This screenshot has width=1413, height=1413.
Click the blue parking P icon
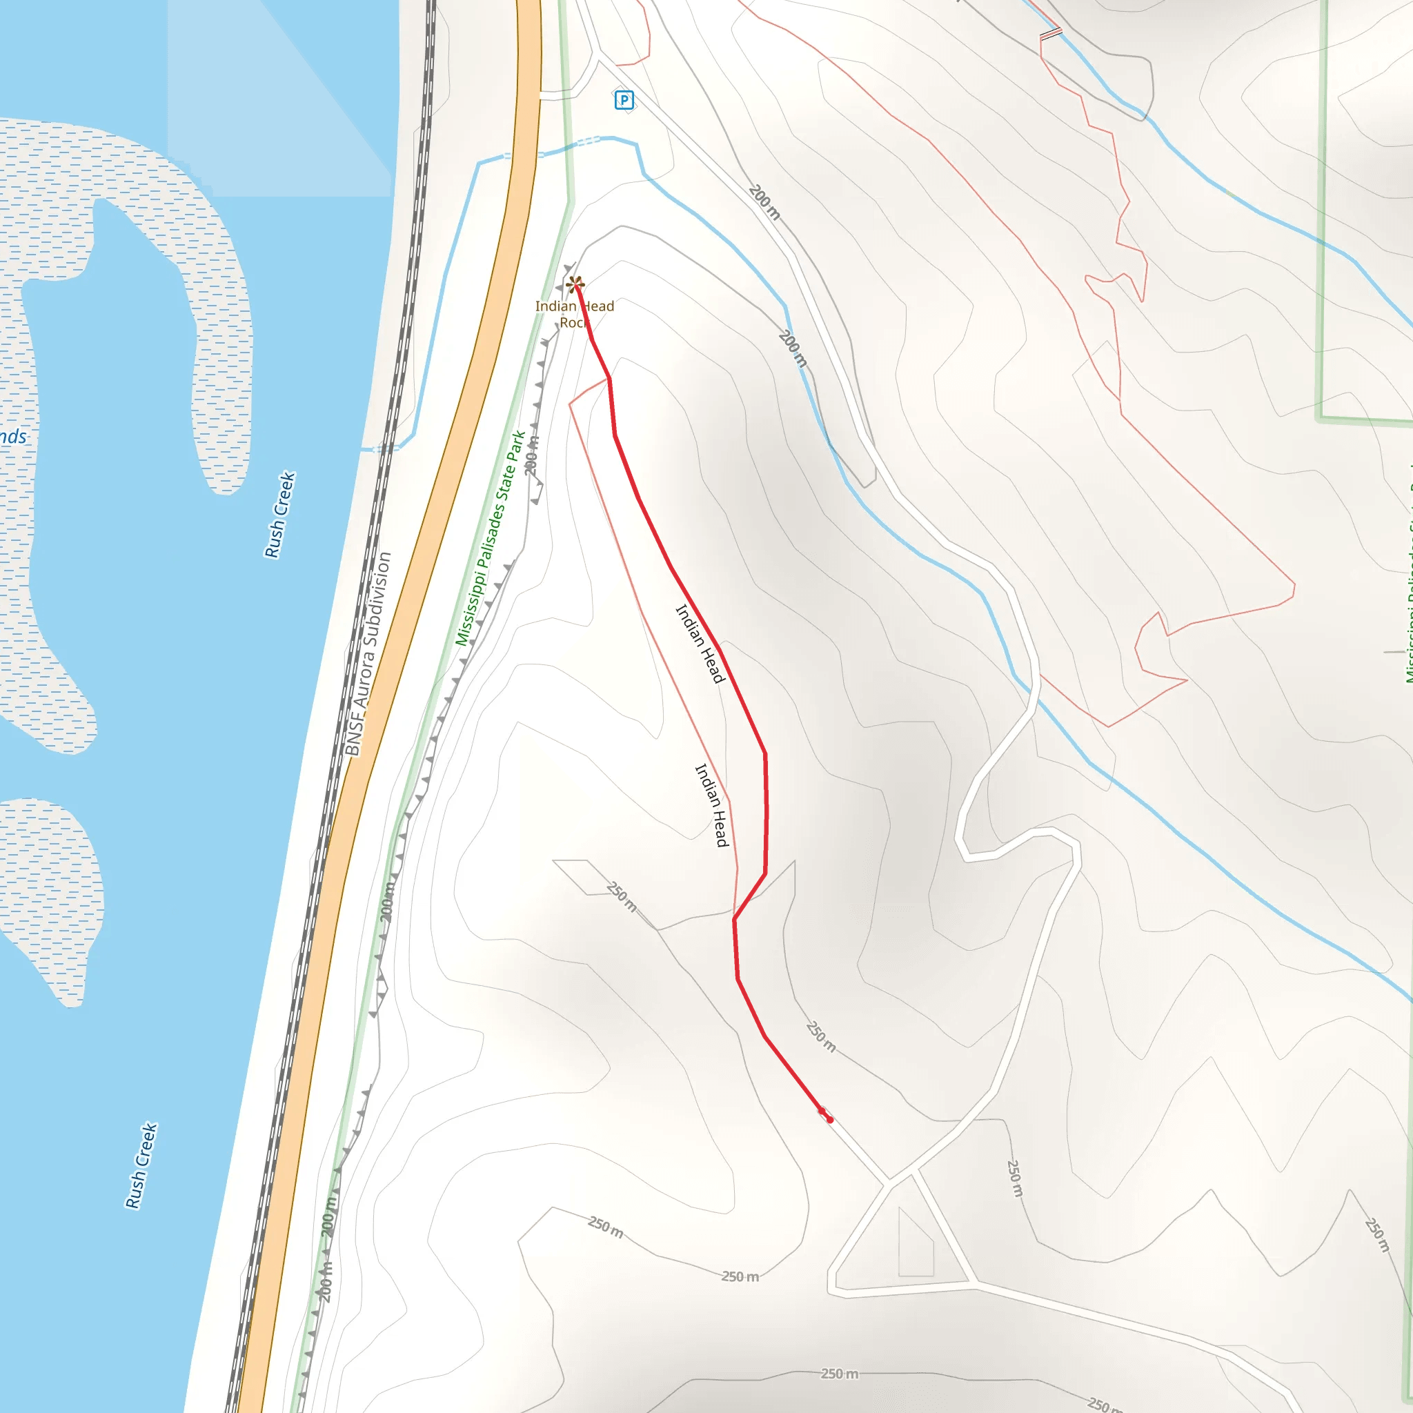(624, 99)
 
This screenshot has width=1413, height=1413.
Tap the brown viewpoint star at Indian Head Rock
(575, 284)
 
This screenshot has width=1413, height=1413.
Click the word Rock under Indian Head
(574, 322)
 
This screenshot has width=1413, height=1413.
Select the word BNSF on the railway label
(354, 734)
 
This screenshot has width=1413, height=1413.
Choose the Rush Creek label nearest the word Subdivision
(279, 514)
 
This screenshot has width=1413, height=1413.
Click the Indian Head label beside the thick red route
(699, 643)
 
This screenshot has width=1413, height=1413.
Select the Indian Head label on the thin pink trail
(711, 804)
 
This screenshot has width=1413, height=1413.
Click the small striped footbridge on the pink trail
(1051, 34)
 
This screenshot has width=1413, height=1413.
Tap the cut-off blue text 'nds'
(12, 437)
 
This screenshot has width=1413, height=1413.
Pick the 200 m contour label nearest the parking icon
(764, 203)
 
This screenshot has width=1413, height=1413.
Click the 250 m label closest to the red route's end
(820, 1036)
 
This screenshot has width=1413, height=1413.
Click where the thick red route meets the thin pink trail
(734, 918)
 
